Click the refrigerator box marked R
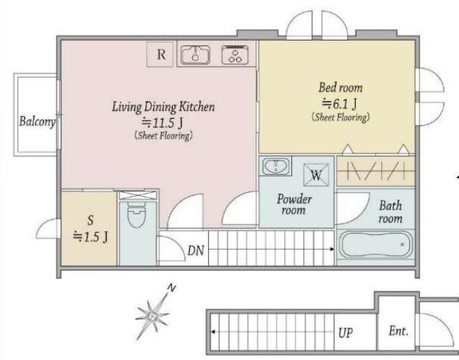coord(160,55)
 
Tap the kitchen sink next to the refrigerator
coord(195,55)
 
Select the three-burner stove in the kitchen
coord(235,55)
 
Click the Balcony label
coord(37,122)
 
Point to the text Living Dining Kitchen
coord(164,107)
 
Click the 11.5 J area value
coord(163,123)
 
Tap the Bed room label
coord(341,87)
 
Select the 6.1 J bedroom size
coord(339,103)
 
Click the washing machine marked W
coord(316,175)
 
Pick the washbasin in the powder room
coord(275,166)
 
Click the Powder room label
coord(294,204)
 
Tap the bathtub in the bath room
coord(376,245)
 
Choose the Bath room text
coord(390,212)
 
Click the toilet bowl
coord(136,216)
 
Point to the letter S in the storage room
coord(90,220)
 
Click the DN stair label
coord(196,250)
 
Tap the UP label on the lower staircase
coord(346,333)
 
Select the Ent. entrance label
coord(399,331)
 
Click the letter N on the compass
coord(172,288)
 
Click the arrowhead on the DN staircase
coord(332,250)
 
